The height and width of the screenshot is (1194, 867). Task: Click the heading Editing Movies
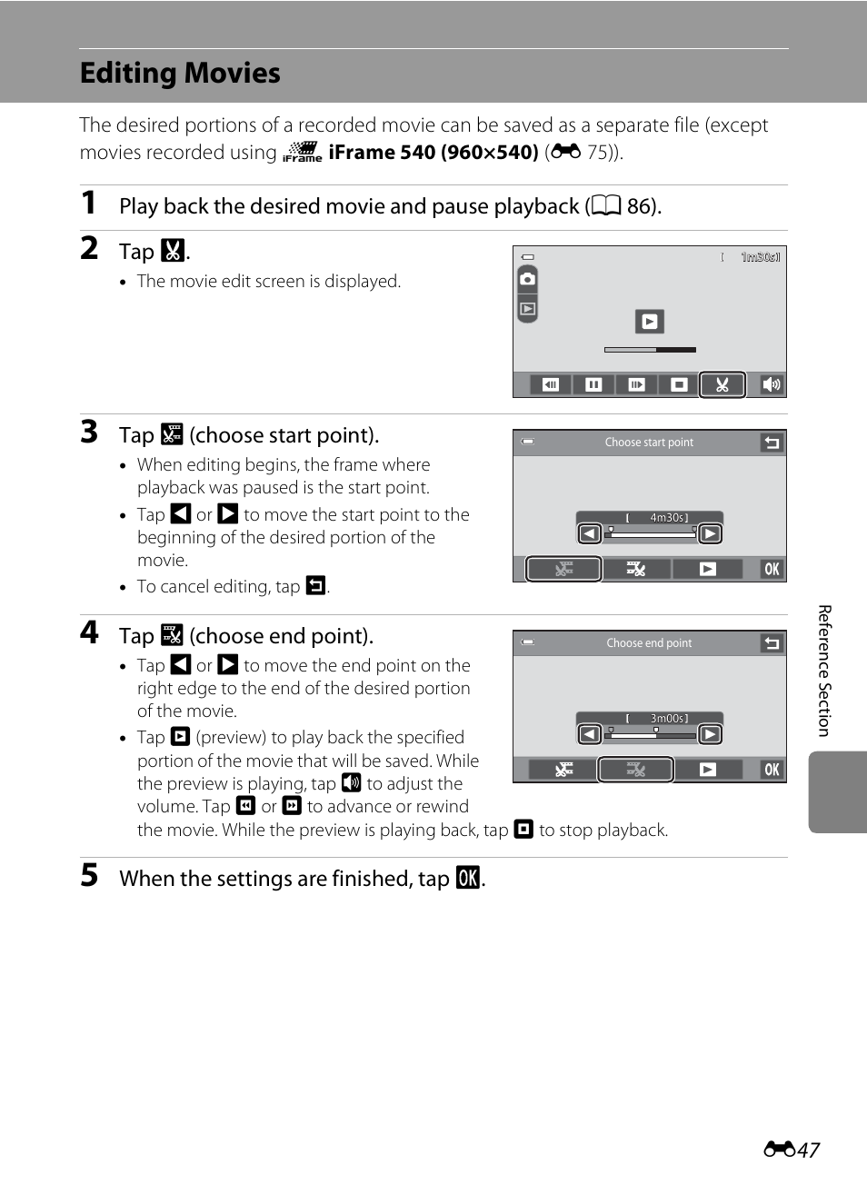coord(180,73)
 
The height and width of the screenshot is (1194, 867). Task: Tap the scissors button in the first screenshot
coord(722,384)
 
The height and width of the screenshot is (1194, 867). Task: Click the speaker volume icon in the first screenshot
coord(771,384)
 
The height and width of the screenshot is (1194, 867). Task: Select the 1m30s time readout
coord(760,257)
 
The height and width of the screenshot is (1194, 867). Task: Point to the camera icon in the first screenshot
coord(527,279)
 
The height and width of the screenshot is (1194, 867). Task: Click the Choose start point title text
coord(649,443)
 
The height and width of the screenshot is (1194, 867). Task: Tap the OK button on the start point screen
coord(772,569)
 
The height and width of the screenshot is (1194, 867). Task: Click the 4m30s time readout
coord(668,518)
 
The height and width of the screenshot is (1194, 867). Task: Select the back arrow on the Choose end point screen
coord(772,643)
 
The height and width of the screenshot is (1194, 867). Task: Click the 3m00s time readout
coord(668,719)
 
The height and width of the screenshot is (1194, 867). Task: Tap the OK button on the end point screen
coord(772,770)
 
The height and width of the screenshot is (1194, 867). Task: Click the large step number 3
coord(89,432)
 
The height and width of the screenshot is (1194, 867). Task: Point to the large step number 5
coord(89,875)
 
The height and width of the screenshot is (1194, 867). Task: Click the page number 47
coord(808,1150)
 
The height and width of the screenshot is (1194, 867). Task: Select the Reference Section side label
coord(824,671)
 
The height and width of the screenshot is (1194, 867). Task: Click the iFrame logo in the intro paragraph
coord(303,152)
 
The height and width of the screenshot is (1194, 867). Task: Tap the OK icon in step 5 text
coord(467,878)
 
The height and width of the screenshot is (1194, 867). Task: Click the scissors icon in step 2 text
coord(173,251)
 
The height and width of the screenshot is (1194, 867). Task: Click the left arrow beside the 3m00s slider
coord(590,734)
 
